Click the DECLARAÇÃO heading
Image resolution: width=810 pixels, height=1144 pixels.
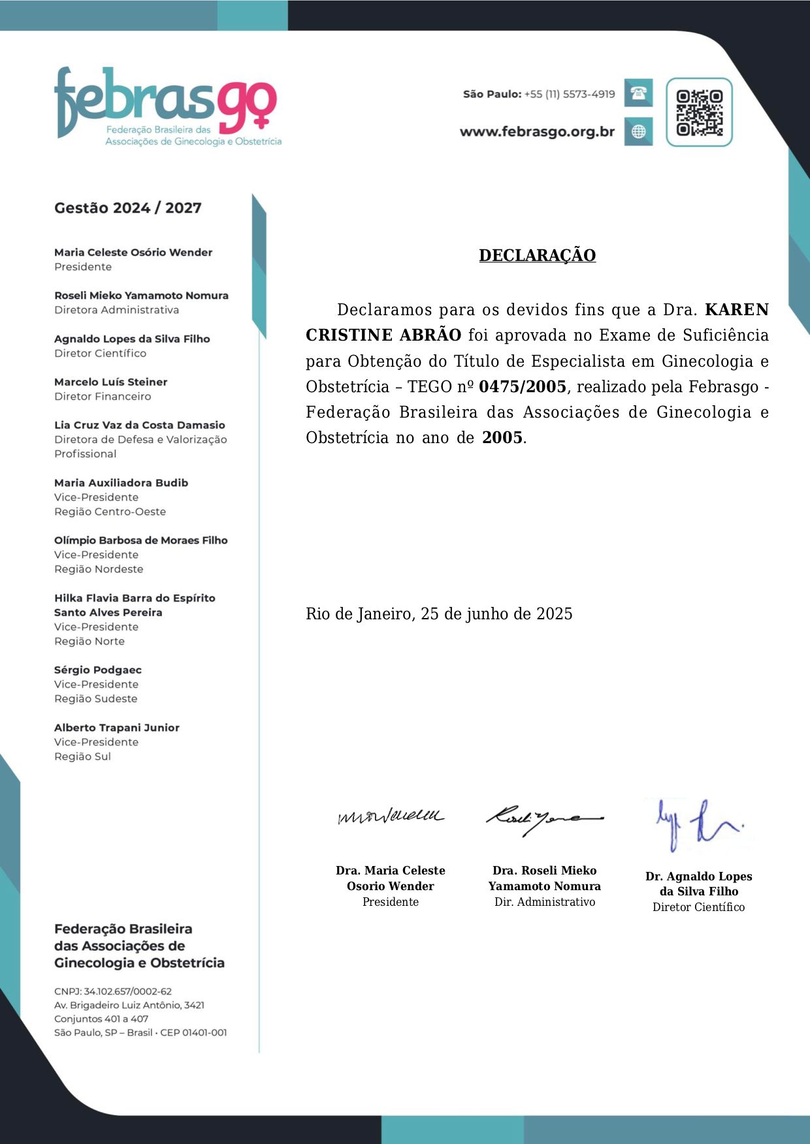[537, 255]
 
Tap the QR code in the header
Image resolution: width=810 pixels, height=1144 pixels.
[699, 112]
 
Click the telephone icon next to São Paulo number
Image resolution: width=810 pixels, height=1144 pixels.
[638, 93]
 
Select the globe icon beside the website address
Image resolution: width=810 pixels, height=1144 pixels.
[638, 131]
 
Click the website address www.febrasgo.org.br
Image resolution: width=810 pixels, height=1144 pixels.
[537, 132]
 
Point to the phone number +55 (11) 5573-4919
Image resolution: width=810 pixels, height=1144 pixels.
[569, 94]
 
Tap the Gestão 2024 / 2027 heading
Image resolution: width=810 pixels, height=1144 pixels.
[128, 208]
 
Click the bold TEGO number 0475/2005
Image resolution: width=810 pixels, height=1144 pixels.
[522, 387]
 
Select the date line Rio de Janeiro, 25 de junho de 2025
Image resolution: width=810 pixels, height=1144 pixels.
[439, 614]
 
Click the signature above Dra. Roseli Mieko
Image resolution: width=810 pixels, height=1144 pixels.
[543, 818]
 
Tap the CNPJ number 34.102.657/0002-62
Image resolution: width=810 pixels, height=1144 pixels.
[128, 991]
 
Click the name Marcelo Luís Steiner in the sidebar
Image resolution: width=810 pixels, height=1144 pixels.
[110, 382]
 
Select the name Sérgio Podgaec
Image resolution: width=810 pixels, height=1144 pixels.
[98, 670]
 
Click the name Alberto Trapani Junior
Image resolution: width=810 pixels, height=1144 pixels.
[117, 728]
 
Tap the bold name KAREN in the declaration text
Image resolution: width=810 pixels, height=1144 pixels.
[736, 309]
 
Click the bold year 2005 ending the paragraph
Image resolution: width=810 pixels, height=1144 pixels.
[502, 438]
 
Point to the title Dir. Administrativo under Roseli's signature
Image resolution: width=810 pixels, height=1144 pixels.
[545, 902]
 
